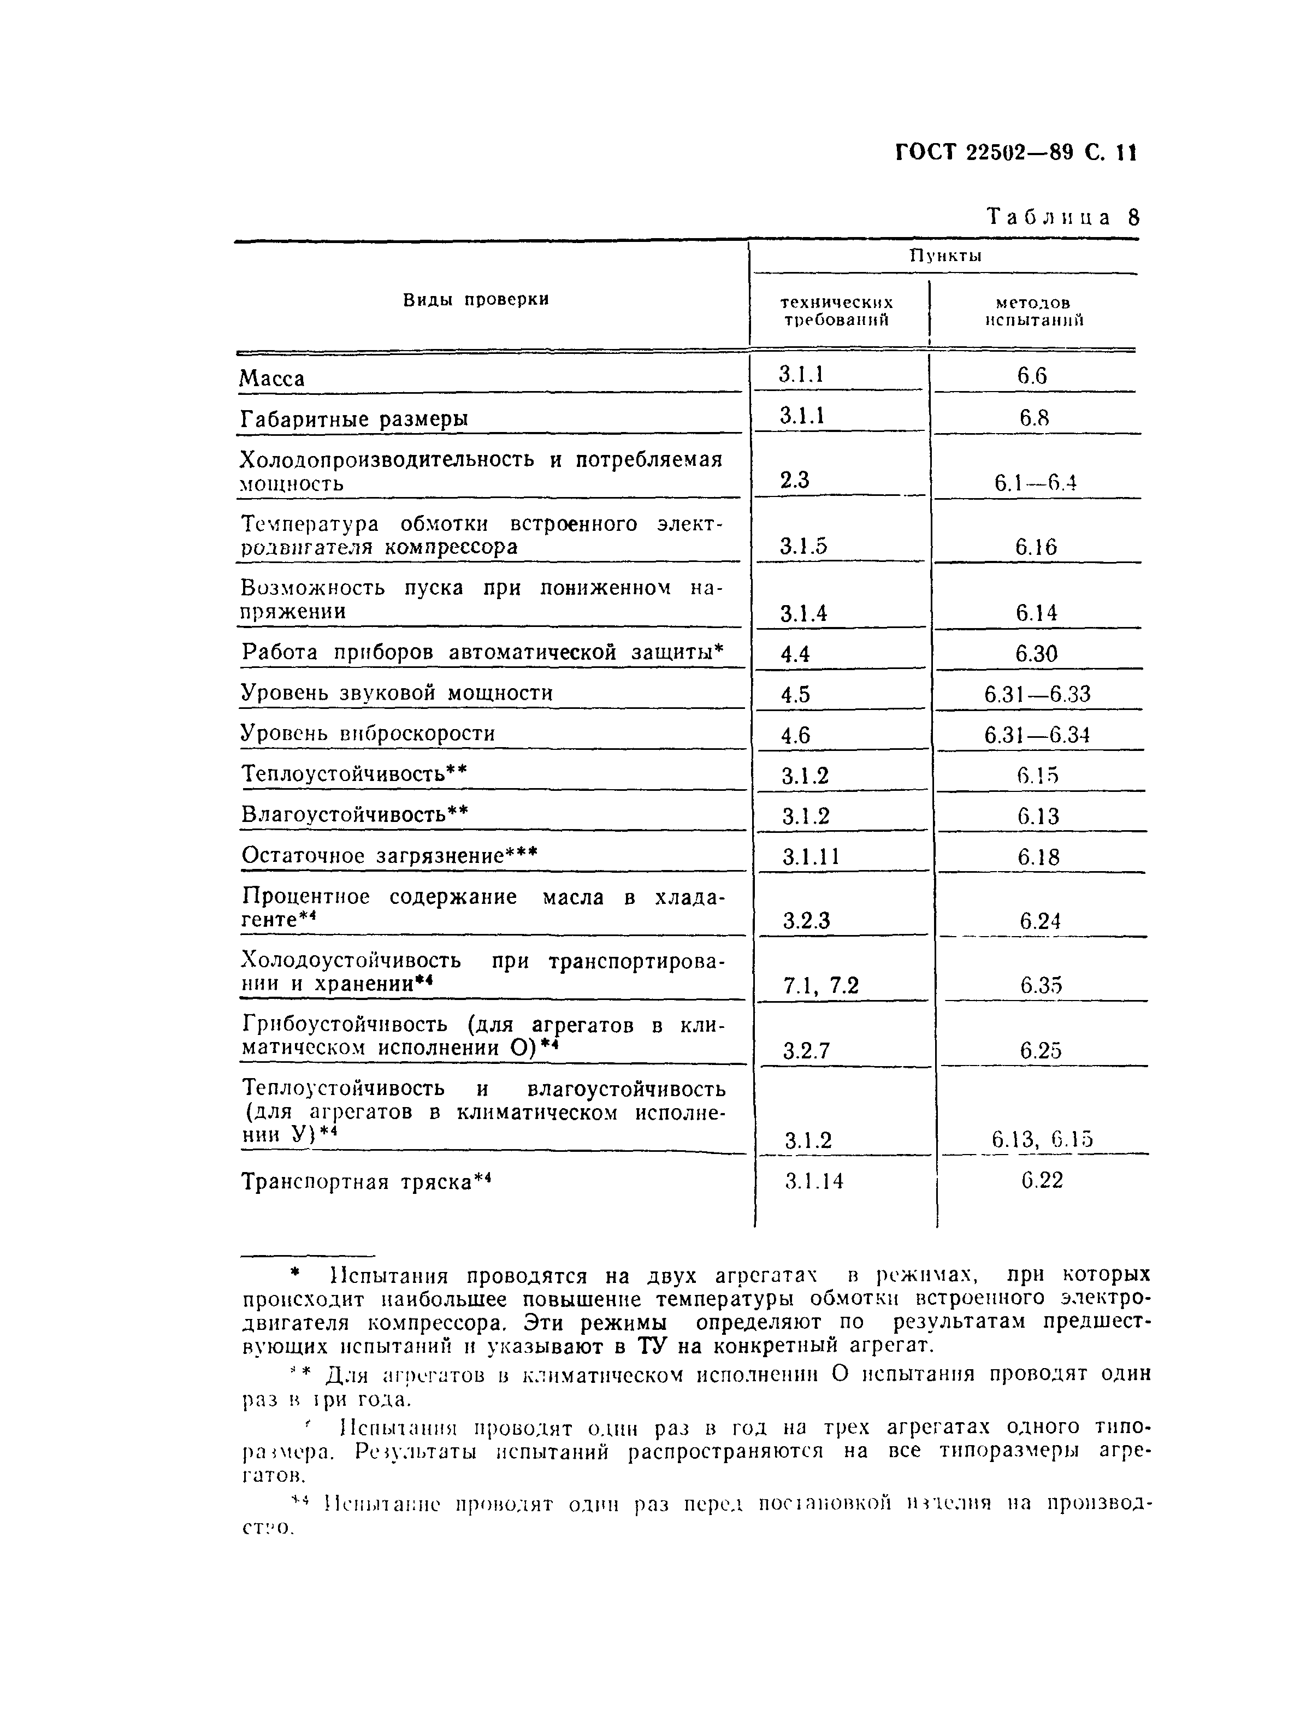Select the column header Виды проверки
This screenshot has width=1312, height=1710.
[x=476, y=300]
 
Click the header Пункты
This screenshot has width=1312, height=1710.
[x=945, y=256]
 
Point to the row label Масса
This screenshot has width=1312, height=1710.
[x=272, y=378]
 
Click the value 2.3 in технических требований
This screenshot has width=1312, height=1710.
[x=795, y=480]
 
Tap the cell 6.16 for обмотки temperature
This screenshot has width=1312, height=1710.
[x=1036, y=547]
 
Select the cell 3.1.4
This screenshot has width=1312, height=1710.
[x=803, y=614]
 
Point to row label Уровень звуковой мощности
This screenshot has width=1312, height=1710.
[x=397, y=694]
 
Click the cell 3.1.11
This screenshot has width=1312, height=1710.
[x=811, y=857]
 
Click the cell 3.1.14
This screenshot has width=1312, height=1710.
[x=814, y=1181]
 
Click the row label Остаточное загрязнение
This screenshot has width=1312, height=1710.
[x=389, y=856]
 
